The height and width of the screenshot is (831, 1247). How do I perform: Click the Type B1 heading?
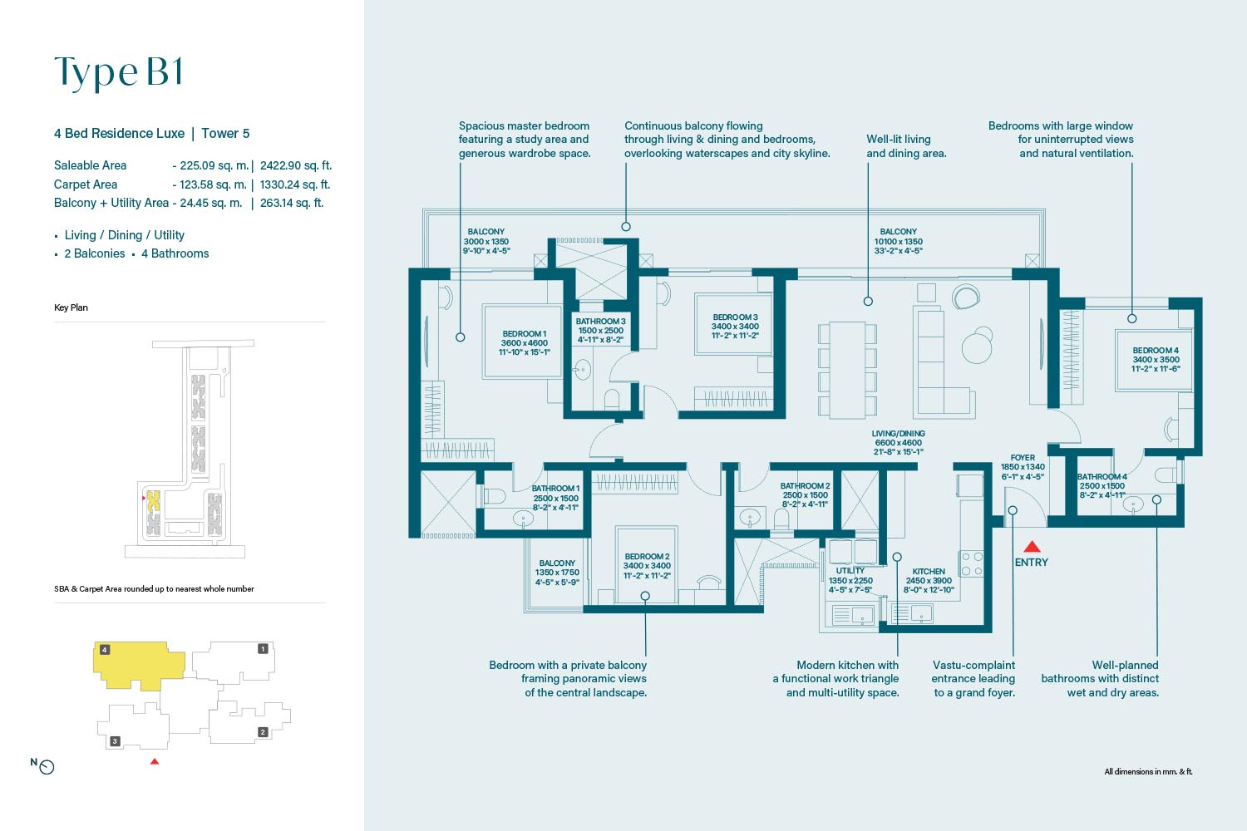tap(118, 72)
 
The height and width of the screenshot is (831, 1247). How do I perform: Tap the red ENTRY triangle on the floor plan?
tap(1032, 547)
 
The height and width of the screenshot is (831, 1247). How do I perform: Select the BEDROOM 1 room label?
tap(524, 333)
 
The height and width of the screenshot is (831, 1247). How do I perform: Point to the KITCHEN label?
tap(928, 571)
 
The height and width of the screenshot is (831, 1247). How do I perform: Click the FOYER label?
tap(1023, 458)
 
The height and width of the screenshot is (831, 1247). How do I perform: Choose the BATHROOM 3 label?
tap(600, 321)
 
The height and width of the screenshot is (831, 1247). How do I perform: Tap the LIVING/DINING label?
tap(898, 434)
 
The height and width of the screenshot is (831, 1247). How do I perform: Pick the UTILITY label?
tap(850, 571)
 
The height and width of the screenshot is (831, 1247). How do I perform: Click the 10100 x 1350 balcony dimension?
tap(898, 242)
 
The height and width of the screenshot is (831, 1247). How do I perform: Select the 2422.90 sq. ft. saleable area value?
tap(296, 165)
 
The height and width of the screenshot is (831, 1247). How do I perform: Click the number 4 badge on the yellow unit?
tap(105, 650)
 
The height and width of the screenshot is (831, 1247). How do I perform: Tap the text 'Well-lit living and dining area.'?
tap(906, 145)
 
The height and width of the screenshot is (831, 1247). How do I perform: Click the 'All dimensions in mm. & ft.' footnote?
tap(1148, 771)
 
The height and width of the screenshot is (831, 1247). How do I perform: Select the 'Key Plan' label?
tap(71, 307)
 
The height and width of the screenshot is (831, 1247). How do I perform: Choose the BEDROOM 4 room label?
tap(1156, 350)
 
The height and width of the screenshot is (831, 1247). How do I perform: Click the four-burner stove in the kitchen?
tap(972, 563)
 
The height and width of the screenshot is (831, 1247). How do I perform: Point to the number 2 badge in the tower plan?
tap(263, 732)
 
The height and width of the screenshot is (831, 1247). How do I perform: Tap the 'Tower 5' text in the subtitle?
tap(225, 134)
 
